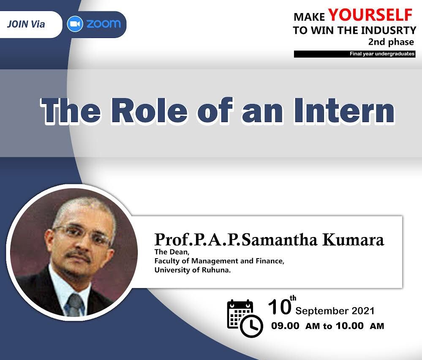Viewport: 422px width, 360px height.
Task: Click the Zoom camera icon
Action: [x=75, y=24]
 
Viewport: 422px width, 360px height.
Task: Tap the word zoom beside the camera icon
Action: [x=103, y=24]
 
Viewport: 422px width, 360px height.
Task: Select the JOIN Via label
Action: [x=26, y=24]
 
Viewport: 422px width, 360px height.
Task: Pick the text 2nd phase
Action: [x=391, y=42]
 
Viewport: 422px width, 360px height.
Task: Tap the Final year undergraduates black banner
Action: [x=355, y=54]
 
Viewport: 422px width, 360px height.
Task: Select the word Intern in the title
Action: [x=344, y=111]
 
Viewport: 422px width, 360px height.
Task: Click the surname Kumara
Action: [x=353, y=240]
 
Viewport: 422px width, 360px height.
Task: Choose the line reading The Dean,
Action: [x=172, y=252]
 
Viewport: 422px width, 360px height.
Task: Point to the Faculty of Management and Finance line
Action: [x=219, y=261]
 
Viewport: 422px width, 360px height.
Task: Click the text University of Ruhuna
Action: [x=193, y=270]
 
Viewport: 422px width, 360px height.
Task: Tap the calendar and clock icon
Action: [x=245, y=318]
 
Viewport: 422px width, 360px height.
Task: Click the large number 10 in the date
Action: [x=280, y=307]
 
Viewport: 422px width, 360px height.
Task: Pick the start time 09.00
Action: [x=285, y=326]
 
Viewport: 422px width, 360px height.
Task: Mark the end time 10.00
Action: [x=350, y=326]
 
